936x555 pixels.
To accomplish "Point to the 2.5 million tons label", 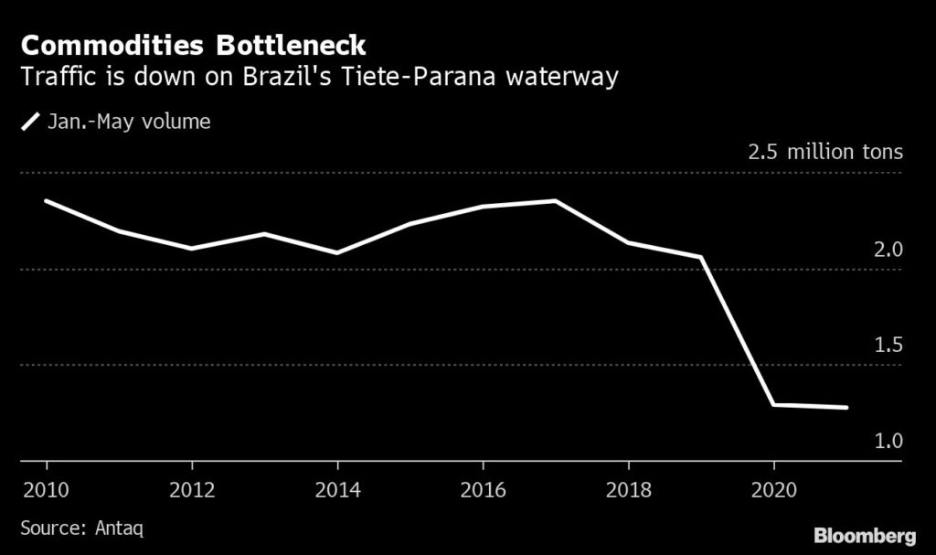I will [824, 153].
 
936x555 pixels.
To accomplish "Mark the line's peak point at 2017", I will [555, 200].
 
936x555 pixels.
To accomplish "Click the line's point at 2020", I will [773, 404].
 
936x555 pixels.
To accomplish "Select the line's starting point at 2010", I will [45, 200].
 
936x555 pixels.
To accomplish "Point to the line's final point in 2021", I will [846, 408].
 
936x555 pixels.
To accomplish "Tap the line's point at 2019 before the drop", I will [701, 258].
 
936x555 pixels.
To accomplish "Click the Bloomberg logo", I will [866, 533].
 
